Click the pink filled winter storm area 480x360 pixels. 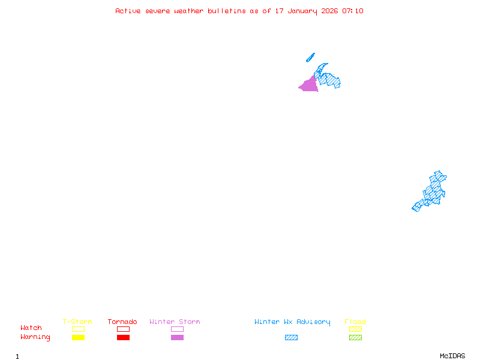point(309,85)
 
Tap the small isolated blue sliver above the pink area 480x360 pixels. point(310,58)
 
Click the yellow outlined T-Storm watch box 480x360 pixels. point(78,329)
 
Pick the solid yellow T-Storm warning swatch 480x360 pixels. point(78,338)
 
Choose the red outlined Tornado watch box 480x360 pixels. point(123,329)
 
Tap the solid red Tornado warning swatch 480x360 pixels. point(123,338)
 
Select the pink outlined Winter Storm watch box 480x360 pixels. point(177,329)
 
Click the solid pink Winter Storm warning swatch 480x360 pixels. point(177,338)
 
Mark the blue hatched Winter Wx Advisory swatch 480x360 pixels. point(291,338)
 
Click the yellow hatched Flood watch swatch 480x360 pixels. point(355,329)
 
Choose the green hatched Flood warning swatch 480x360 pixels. point(355,338)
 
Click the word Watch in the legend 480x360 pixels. point(31,328)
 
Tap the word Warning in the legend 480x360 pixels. point(35,337)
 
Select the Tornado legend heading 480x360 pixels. point(122,322)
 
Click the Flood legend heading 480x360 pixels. point(355,322)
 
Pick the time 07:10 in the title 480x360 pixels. point(353,11)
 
